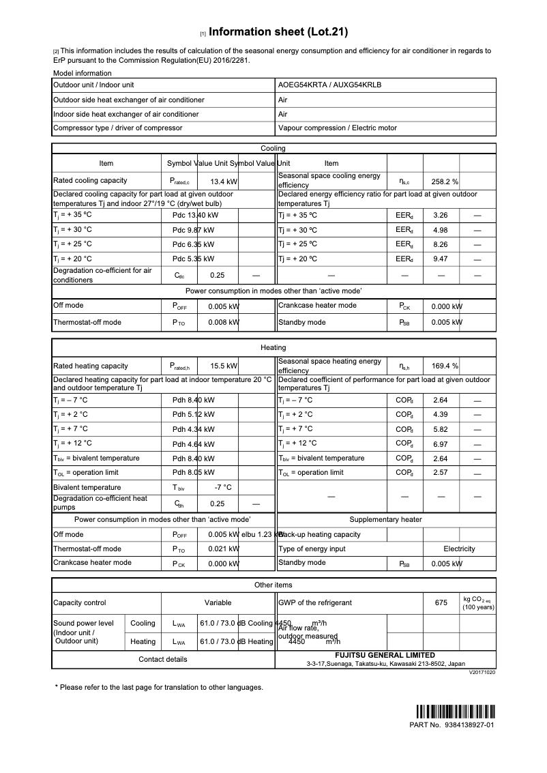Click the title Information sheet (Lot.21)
(x=278, y=32)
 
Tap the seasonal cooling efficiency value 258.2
(x=442, y=182)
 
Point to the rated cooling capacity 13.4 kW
(x=224, y=182)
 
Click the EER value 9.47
(x=440, y=259)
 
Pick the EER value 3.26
(x=440, y=215)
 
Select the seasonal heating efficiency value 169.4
(x=442, y=366)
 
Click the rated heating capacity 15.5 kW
(x=224, y=366)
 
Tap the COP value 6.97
(x=440, y=443)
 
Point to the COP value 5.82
(x=440, y=429)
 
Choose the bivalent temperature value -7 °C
(x=223, y=488)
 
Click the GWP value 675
(x=441, y=603)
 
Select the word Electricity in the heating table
(x=459, y=549)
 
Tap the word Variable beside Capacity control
(x=218, y=603)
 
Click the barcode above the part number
(x=454, y=710)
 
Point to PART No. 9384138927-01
(x=451, y=725)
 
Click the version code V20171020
(x=482, y=672)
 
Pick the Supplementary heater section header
(x=385, y=520)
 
